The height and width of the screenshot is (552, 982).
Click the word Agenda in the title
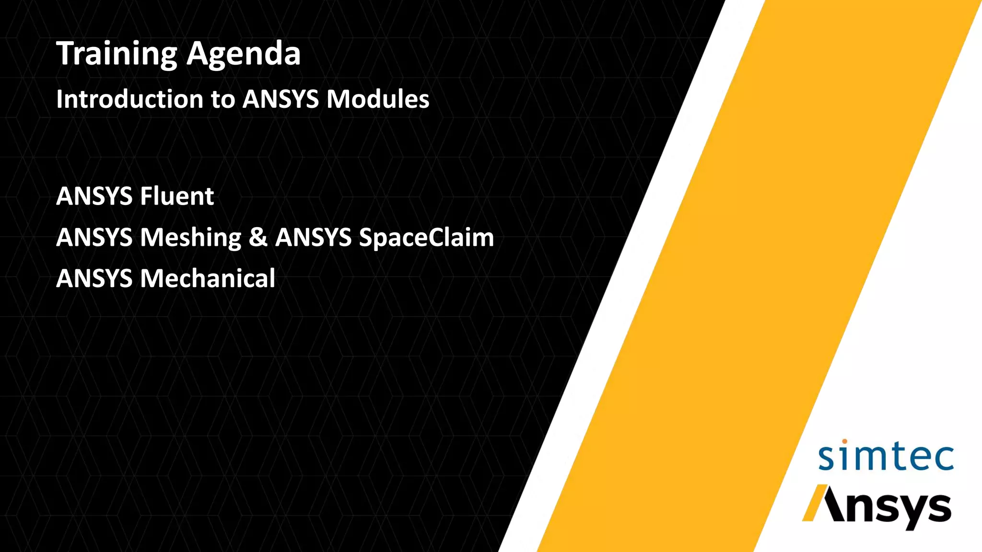pyautogui.click(x=244, y=54)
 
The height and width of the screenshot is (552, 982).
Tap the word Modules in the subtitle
pyautogui.click(x=378, y=99)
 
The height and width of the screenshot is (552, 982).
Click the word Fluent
pyautogui.click(x=177, y=196)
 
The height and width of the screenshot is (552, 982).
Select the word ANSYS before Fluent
pyautogui.click(x=94, y=196)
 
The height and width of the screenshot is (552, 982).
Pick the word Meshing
pyautogui.click(x=190, y=238)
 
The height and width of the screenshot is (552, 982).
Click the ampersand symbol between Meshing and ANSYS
pyautogui.click(x=258, y=238)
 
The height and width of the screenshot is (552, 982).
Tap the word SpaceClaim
pyautogui.click(x=426, y=238)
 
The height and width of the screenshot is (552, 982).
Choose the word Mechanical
pyautogui.click(x=207, y=279)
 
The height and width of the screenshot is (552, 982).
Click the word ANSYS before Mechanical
pyautogui.click(x=94, y=279)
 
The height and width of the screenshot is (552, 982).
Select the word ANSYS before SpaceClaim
pyautogui.click(x=313, y=238)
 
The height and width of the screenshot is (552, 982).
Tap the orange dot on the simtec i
pyautogui.click(x=844, y=441)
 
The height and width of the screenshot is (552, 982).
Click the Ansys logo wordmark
pyautogui.click(x=877, y=508)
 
